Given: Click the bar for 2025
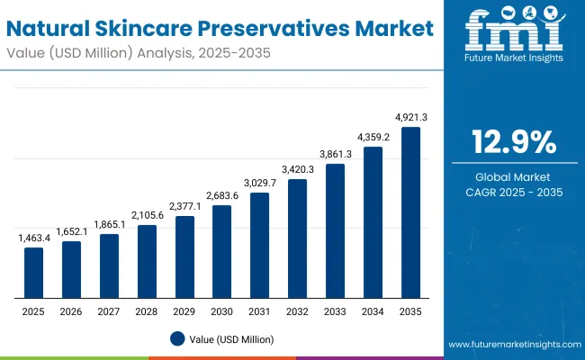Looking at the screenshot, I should (x=33, y=273).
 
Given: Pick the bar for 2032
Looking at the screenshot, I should (x=297, y=238).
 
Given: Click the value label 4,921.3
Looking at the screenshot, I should (x=410, y=117).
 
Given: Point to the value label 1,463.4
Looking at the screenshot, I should (x=33, y=238).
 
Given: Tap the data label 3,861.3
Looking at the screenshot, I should (x=335, y=154).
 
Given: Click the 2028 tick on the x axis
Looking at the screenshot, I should (x=147, y=310).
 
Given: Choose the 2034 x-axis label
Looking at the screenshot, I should (x=373, y=310).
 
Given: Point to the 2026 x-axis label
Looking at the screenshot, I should (x=71, y=310).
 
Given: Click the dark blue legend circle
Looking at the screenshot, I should (x=177, y=339).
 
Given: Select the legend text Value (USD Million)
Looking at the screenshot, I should (x=231, y=339).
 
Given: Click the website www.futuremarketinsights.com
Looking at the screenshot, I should (x=513, y=345).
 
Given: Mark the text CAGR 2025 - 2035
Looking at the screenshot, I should (x=515, y=192).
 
